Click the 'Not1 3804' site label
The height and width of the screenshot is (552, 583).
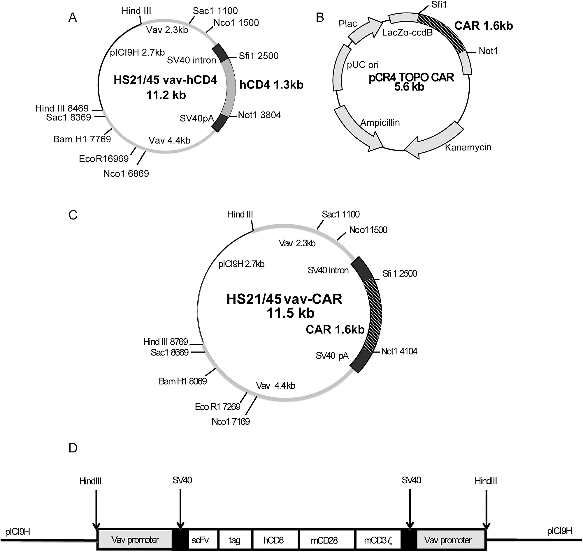(x=259, y=115)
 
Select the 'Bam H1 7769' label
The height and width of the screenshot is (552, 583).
(x=82, y=139)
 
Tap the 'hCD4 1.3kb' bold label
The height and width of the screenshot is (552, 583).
(x=271, y=85)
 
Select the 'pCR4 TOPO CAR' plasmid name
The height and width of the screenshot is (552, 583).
(x=411, y=77)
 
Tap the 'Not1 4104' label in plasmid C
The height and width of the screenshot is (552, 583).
(x=399, y=351)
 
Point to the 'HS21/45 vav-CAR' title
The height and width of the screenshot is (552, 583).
(x=284, y=299)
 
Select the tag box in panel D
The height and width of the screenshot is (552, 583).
(x=234, y=540)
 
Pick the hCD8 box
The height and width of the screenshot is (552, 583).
(x=273, y=540)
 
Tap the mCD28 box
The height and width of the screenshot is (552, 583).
(x=324, y=540)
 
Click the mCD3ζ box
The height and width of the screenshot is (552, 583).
(x=378, y=540)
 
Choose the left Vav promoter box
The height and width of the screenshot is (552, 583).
(x=135, y=539)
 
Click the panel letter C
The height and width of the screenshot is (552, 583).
(x=73, y=215)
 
